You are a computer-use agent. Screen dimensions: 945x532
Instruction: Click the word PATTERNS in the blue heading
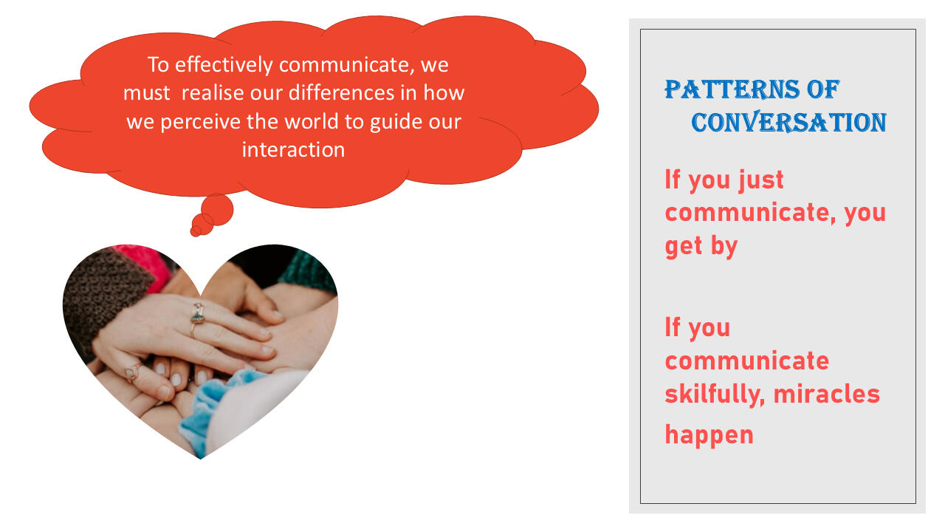(732, 89)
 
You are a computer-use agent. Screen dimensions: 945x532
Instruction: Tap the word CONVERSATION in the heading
(788, 123)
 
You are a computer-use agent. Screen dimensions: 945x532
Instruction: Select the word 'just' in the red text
(761, 180)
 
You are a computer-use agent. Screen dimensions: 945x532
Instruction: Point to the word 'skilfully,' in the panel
(715, 395)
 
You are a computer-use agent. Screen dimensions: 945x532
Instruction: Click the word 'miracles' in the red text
(827, 394)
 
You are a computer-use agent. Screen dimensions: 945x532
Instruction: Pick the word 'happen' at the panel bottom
(709, 435)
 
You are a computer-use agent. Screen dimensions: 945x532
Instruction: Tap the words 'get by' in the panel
(701, 246)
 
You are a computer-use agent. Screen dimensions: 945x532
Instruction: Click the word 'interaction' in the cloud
(293, 149)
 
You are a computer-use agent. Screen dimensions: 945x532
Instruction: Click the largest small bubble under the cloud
(217, 209)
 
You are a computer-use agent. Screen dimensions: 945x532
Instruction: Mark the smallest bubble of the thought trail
(196, 231)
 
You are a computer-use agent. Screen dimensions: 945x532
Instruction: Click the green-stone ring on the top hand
(197, 316)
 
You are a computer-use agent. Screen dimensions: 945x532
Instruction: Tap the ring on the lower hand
(134, 372)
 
